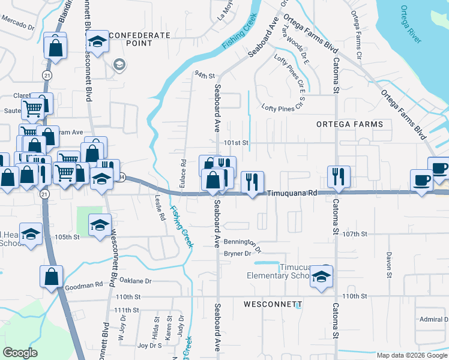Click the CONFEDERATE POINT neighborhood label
(140, 40)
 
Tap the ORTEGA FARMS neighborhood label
(349, 124)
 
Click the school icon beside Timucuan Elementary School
(322, 277)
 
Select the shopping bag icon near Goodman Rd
(52, 277)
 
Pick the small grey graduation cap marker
(119, 64)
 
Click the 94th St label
(204, 76)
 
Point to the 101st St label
(236, 143)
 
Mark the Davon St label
(389, 260)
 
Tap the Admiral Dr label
(431, 319)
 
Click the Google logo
(20, 353)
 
